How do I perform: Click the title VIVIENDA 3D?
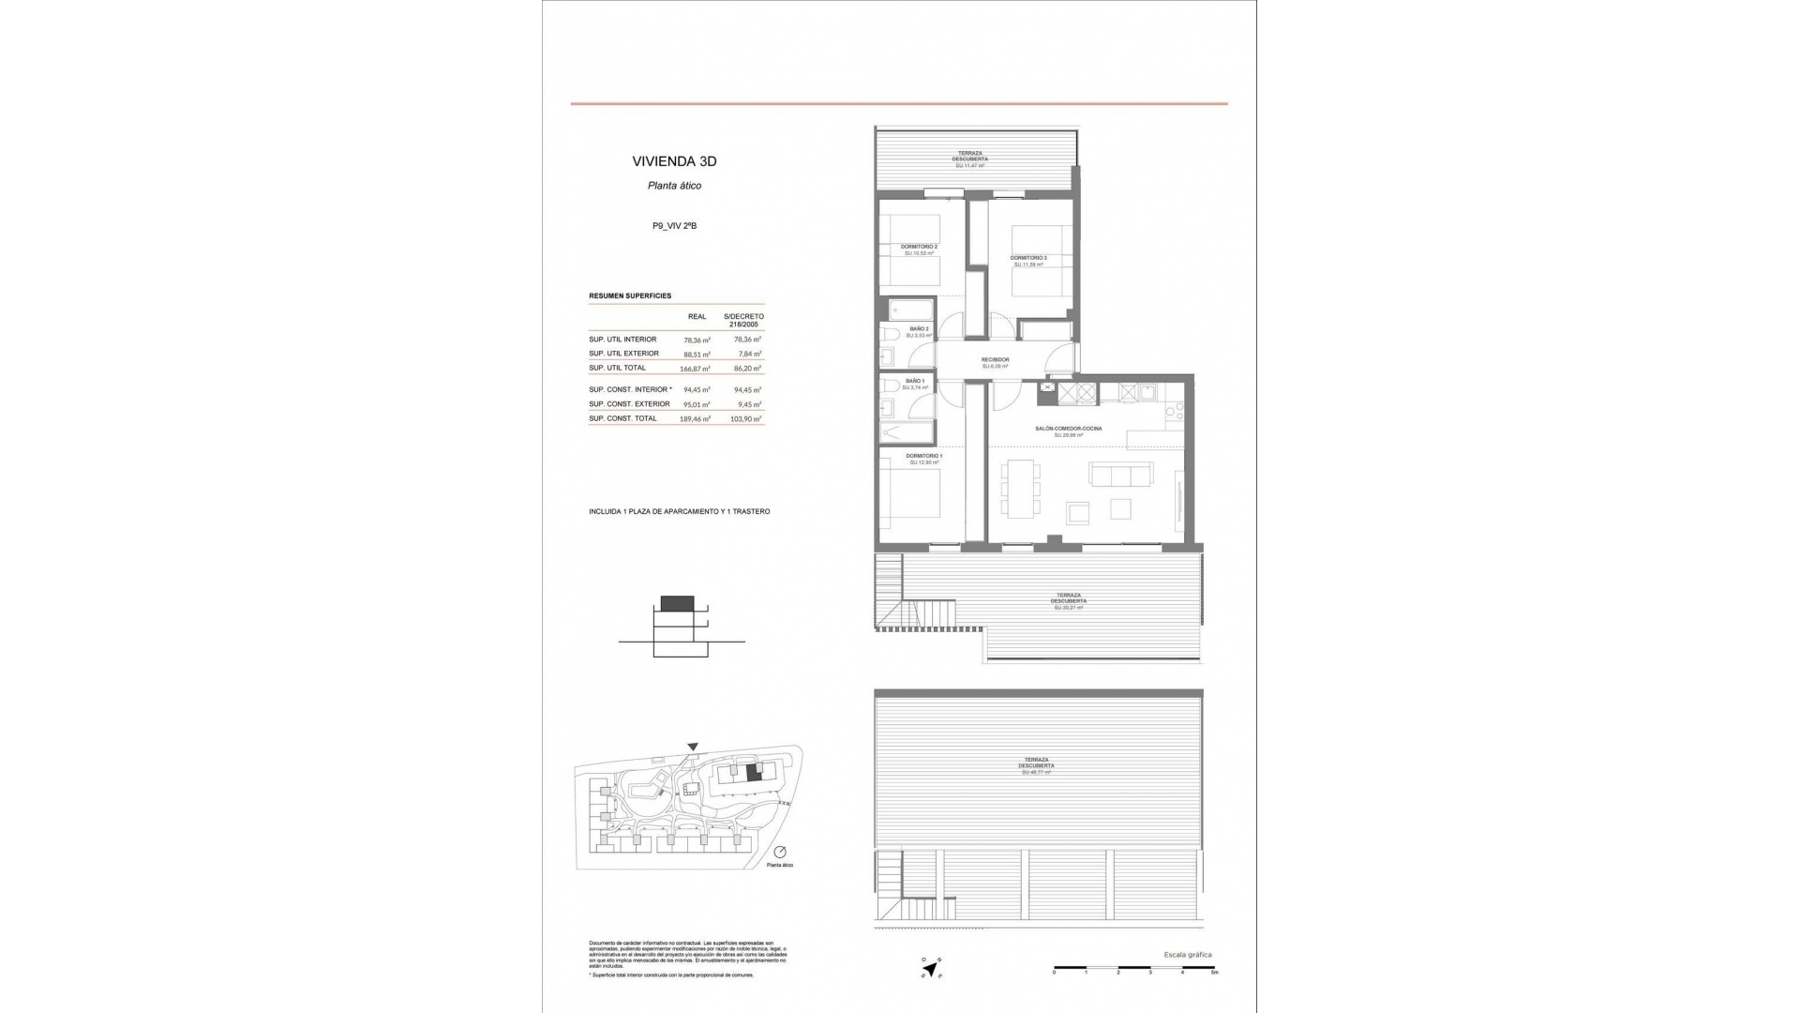point(674,161)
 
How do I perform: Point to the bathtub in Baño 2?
point(909,310)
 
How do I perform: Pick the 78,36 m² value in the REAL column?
point(697,340)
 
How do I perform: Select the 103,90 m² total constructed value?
point(745,419)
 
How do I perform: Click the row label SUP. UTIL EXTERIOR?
point(623,354)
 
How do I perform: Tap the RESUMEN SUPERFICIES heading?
point(629,295)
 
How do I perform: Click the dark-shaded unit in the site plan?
point(753,775)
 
